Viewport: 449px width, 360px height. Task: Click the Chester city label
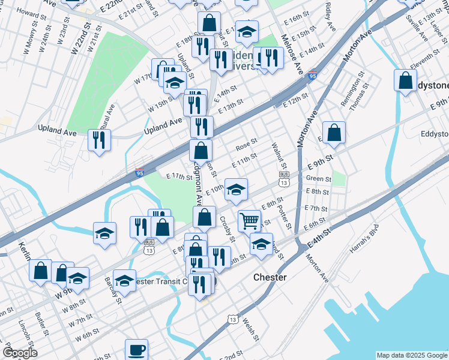[270, 278]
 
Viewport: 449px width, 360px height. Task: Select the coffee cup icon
[136, 349]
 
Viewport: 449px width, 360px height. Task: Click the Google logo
[20, 353]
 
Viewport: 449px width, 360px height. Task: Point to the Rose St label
[246, 145]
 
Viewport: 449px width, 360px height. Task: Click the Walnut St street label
[280, 155]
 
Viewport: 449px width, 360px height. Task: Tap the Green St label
[319, 179]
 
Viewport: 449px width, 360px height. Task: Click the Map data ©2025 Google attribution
[412, 355]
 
